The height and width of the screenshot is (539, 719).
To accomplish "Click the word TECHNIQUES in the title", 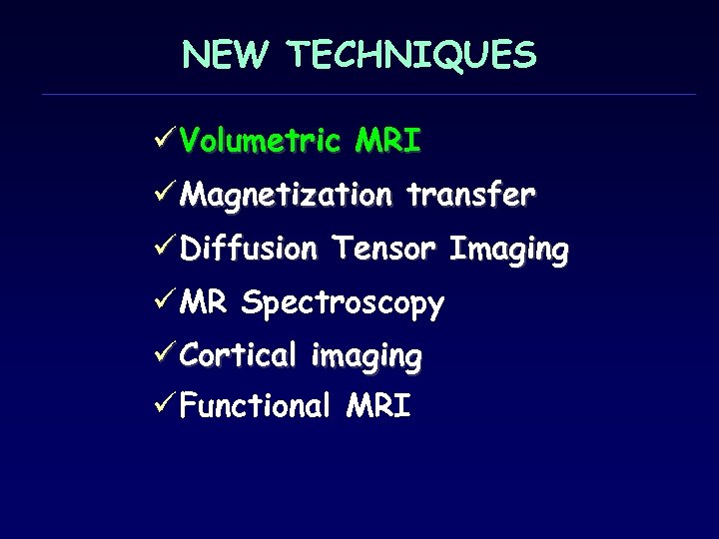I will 412,55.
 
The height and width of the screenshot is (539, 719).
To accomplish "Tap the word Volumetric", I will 261,142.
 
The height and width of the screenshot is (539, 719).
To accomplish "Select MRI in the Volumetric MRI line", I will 387,142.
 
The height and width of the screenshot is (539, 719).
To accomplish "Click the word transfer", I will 470,194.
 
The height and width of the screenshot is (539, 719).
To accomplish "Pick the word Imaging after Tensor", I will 509,250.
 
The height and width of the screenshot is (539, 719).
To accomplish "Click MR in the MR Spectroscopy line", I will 204,301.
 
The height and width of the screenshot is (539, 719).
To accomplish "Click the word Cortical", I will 239,354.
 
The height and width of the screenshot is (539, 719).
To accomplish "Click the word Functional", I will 255,406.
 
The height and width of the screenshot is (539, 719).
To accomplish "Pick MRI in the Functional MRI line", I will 377,406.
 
